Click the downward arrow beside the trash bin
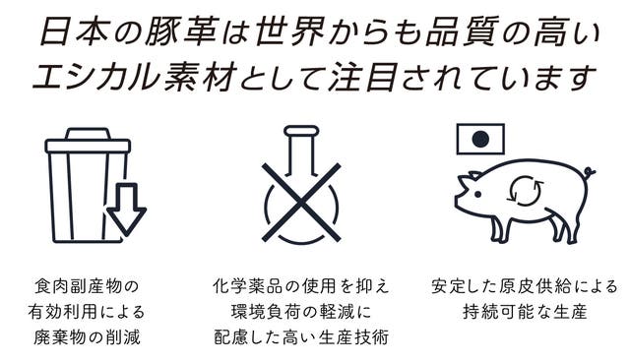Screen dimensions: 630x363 pyautogui.click(x=126, y=209)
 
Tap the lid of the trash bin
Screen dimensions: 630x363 pyautogui.click(x=88, y=141)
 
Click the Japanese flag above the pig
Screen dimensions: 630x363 pyautogui.click(x=480, y=139)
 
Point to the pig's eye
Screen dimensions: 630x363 pyautogui.click(x=477, y=195)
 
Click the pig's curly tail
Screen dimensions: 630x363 pyautogui.click(x=590, y=173)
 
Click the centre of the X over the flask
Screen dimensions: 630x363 pyautogui.click(x=301, y=203)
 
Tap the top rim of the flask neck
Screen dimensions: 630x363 pyautogui.click(x=301, y=131)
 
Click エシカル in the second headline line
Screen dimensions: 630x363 pyautogui.click(x=96, y=76)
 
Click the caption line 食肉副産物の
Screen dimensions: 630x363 pyautogui.click(x=87, y=286)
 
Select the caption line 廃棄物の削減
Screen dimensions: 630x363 pyautogui.click(x=87, y=336)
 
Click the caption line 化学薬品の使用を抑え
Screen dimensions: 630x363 pyautogui.click(x=301, y=286)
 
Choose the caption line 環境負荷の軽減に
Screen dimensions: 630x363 pyautogui.click(x=301, y=312)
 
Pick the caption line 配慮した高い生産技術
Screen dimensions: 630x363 pyautogui.click(x=301, y=336)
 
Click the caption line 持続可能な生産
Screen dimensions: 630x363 pyautogui.click(x=525, y=312)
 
